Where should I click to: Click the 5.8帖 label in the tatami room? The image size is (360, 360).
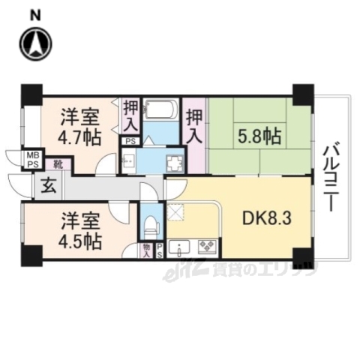259,136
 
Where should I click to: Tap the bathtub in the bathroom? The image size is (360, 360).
159,113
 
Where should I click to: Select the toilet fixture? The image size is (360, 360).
151,224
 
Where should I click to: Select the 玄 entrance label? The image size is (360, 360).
46,184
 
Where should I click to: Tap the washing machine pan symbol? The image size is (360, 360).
174,163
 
